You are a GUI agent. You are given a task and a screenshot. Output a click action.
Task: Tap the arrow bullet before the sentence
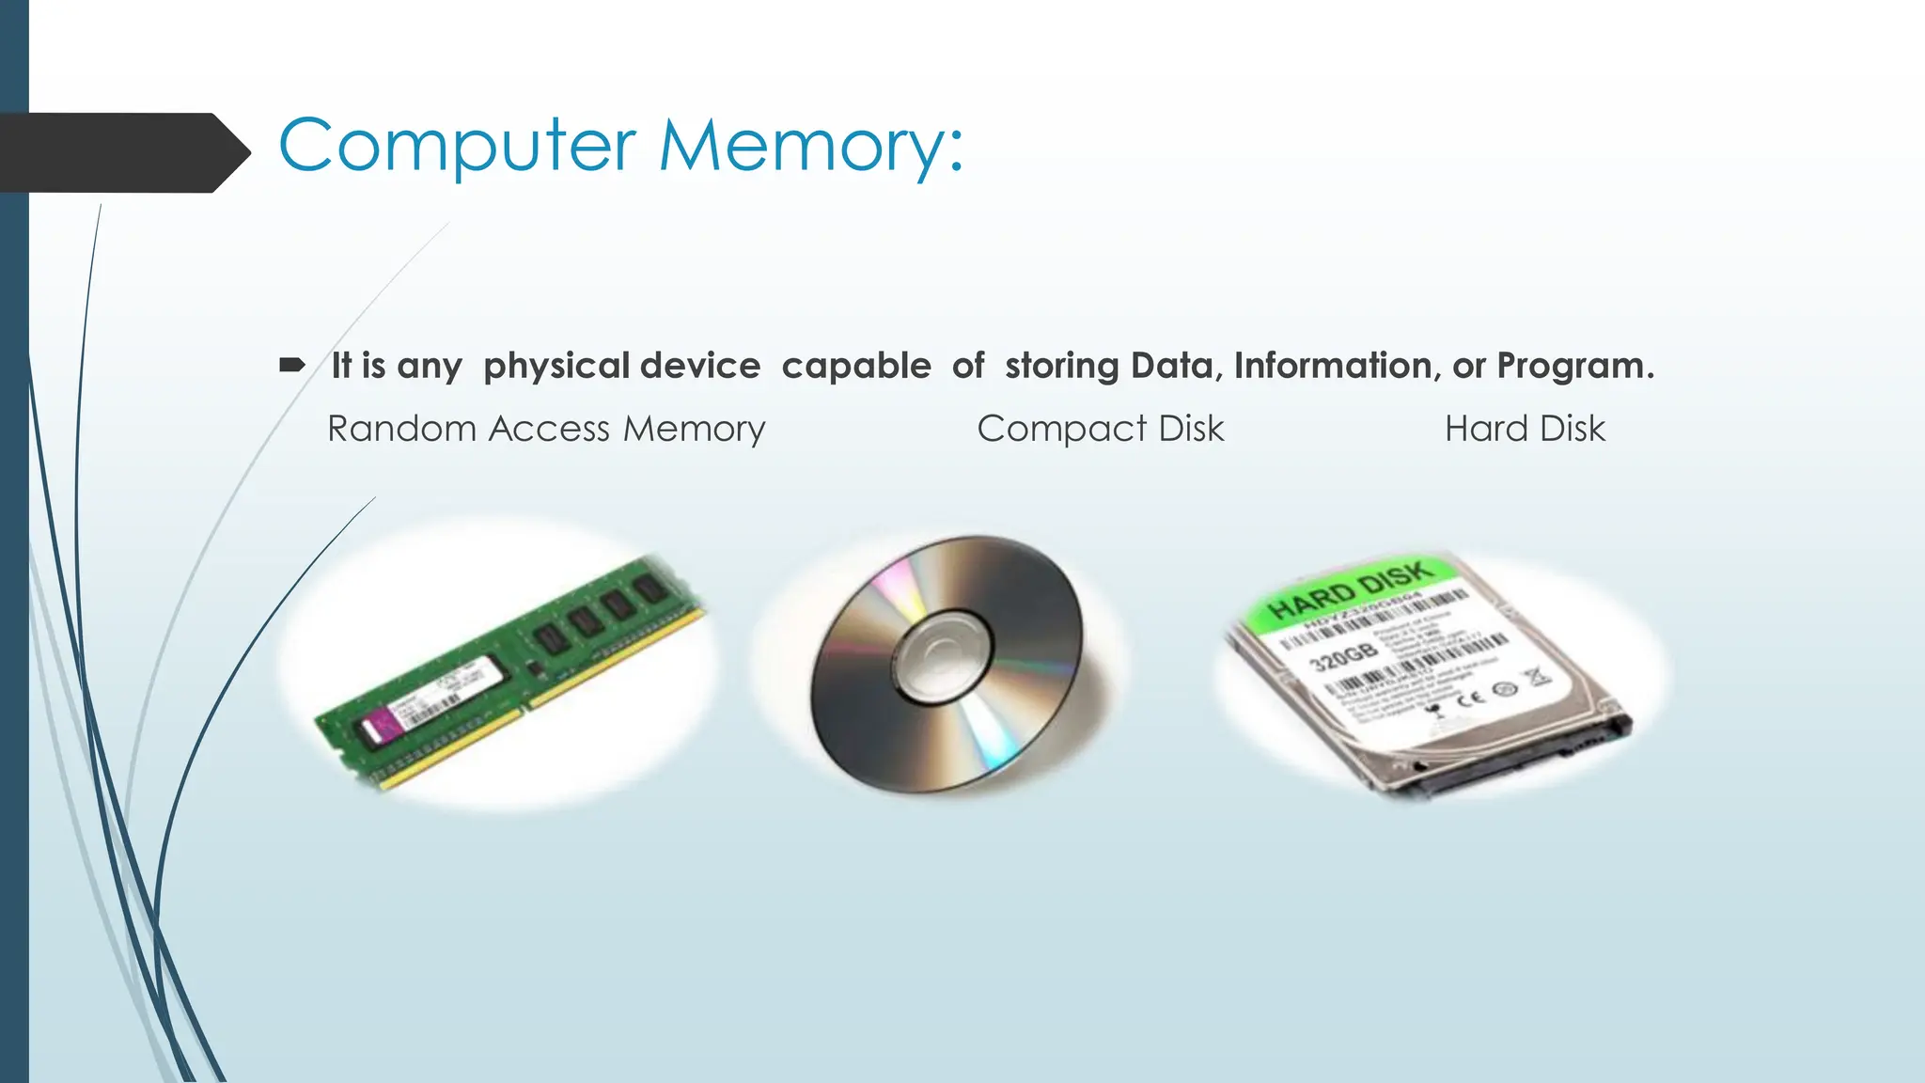(292, 365)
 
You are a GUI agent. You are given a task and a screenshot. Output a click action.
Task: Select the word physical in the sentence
(556, 366)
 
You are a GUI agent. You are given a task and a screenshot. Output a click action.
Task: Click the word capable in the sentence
(855, 366)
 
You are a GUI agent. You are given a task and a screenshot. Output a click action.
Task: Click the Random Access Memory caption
(546, 429)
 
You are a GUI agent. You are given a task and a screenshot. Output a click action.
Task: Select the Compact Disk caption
(1101, 429)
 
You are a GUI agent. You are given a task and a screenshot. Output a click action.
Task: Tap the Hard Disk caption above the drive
(1525, 429)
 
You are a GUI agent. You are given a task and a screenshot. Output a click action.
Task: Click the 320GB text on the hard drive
(1344, 655)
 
